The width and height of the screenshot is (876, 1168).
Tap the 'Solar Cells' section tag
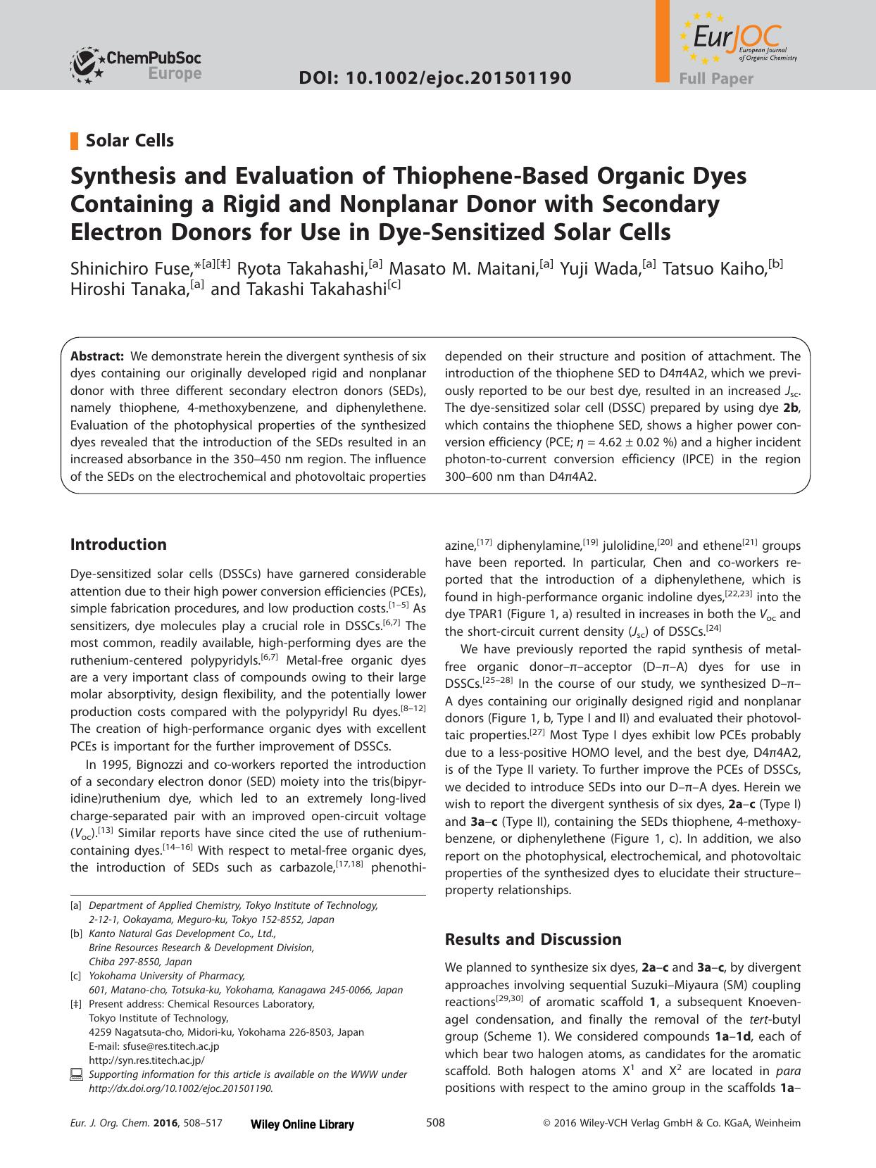point(130,141)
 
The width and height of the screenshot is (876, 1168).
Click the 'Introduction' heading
point(118,544)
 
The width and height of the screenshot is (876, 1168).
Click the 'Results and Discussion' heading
point(533,939)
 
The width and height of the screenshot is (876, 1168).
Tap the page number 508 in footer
point(436,1123)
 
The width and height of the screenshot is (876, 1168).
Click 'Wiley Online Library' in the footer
point(302,1124)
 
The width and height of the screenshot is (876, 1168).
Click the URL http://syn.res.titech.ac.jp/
point(146,1060)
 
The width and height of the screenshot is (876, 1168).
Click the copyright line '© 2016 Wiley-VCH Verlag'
point(672,1124)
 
